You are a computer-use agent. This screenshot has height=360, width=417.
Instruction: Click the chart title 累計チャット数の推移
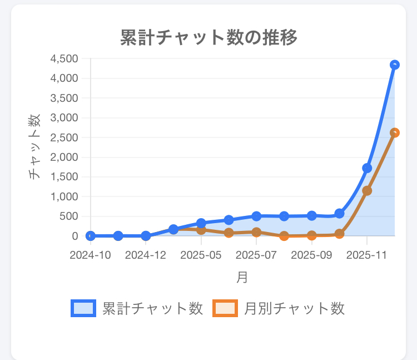tap(209, 38)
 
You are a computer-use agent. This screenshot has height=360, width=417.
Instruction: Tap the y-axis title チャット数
tap(34, 146)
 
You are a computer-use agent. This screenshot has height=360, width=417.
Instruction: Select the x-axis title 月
tap(242, 277)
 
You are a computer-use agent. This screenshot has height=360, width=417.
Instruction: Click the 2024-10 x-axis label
tap(91, 255)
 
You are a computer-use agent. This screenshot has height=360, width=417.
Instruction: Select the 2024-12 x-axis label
tap(146, 255)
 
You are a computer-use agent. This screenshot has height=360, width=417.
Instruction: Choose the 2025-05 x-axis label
tap(201, 255)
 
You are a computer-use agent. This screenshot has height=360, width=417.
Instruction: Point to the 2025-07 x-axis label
tap(256, 255)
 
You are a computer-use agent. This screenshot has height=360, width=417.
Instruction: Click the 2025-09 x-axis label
tap(311, 255)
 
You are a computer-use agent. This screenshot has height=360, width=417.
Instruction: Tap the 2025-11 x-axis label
tap(367, 255)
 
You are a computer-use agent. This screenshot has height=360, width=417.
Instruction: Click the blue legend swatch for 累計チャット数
tap(83, 308)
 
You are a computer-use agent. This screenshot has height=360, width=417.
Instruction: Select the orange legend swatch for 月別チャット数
tap(225, 308)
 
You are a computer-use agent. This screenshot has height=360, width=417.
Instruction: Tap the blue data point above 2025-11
tap(367, 168)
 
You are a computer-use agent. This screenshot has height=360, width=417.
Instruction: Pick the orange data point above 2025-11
tap(367, 191)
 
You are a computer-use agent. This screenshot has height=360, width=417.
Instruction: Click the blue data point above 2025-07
tap(256, 216)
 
